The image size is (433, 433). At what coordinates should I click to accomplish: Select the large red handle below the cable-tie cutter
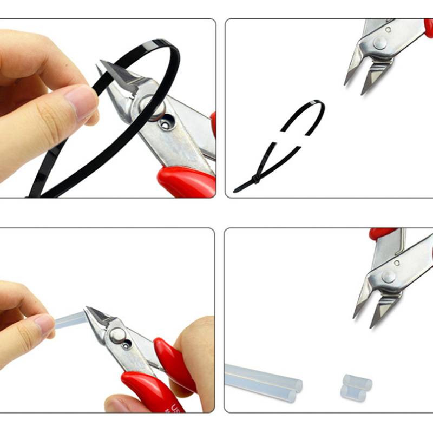coord(187,181)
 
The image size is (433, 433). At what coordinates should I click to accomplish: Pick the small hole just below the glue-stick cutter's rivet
coord(127,345)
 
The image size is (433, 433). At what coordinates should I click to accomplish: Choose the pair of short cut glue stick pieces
coord(357,388)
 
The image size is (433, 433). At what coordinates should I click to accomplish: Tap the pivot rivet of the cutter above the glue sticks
coord(388,276)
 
